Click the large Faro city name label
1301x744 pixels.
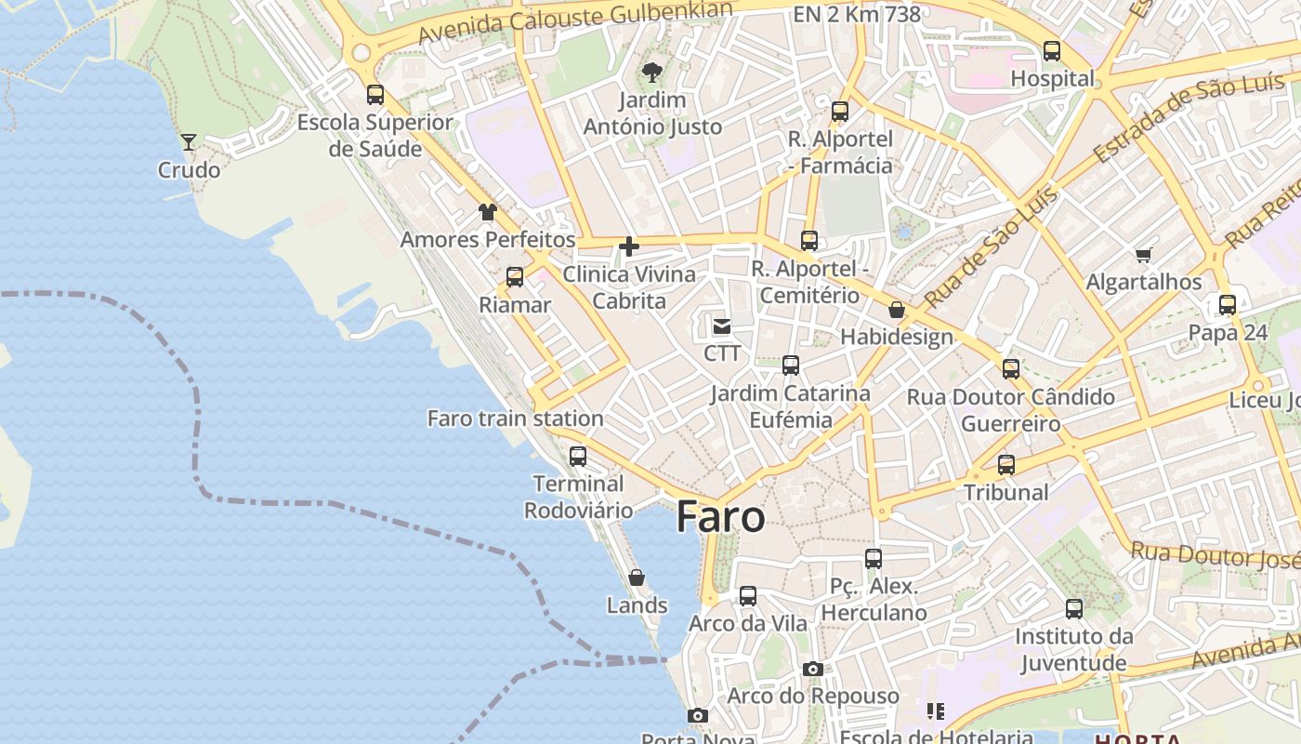coord(720,517)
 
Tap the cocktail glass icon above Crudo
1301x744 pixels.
coord(189,142)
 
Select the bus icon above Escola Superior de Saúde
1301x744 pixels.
coord(375,95)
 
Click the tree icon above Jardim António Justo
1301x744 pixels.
coord(652,72)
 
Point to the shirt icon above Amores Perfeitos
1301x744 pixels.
coord(488,212)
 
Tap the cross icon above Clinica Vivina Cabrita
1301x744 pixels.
coord(629,246)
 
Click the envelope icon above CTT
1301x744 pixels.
coord(722,326)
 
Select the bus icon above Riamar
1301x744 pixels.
coord(515,277)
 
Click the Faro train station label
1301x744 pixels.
coord(515,418)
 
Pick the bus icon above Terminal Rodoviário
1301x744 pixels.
coord(578,457)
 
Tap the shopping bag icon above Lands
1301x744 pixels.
coord(637,578)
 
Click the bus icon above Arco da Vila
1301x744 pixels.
coord(748,596)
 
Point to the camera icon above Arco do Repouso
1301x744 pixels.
coord(813,669)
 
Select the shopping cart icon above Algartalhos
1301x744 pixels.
coord(1144,255)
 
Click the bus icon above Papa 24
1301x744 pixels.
coord(1228,305)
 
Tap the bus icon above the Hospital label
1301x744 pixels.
coord(1052,51)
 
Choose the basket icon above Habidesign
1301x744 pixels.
coord(897,310)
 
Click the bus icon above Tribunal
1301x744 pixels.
coord(1006,465)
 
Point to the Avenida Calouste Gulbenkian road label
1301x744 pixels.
coord(575,21)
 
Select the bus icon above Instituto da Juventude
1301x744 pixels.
coord(1074,609)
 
